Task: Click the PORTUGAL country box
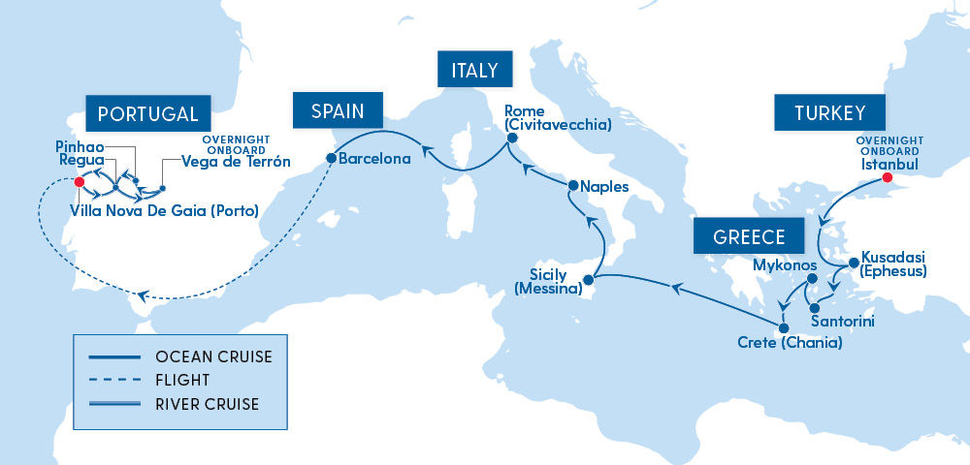[x=147, y=113]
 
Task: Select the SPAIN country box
[x=338, y=111]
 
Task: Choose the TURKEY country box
[x=829, y=113]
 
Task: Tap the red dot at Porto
[x=80, y=181]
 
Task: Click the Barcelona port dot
[x=331, y=158]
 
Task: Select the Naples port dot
[x=572, y=185]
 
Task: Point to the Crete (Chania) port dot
[x=784, y=327]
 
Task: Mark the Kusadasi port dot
[x=853, y=263]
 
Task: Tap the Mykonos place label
[x=785, y=263]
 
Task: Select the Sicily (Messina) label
[x=548, y=282]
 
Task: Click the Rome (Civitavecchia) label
[x=556, y=117]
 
